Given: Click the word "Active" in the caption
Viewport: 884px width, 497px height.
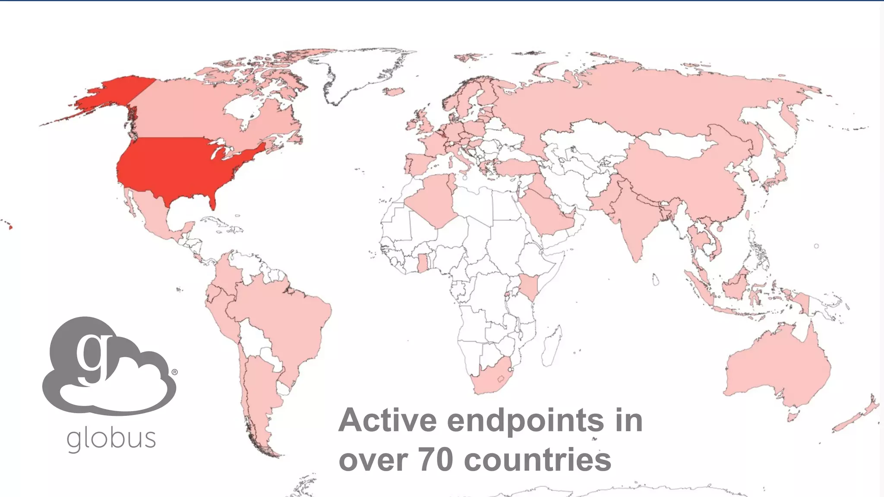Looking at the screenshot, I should coord(387,420).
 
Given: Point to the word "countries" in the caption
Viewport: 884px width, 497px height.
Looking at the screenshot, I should coord(537,460).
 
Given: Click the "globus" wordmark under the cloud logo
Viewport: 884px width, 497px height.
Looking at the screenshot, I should coord(111,439).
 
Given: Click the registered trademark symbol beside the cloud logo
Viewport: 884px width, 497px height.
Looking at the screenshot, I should coord(174,372).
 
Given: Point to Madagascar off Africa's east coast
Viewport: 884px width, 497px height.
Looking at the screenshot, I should coord(552,345).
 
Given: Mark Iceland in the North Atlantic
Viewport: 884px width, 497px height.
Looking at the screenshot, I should coord(393,91).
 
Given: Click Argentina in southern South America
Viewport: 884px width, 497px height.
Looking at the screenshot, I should coord(259,388).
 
